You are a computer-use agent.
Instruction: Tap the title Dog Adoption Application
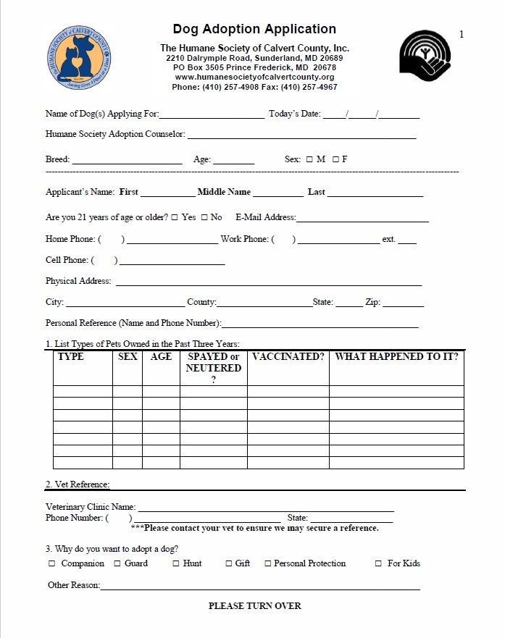[x=254, y=29]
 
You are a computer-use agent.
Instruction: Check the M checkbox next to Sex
[x=309, y=159]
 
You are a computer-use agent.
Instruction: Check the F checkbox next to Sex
[x=335, y=159]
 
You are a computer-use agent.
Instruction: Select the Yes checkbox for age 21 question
[x=175, y=217]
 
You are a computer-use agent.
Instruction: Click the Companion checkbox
[x=52, y=563]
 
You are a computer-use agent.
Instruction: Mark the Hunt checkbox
[x=175, y=563]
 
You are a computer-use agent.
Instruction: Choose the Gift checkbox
[x=228, y=563]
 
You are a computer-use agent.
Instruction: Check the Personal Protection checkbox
[x=267, y=563]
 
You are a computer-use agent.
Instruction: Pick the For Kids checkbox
[x=379, y=563]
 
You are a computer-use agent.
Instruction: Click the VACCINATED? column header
[x=288, y=357]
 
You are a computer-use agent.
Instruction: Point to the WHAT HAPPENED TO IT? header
[x=396, y=357]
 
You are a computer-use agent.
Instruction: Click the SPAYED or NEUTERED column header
[x=213, y=367]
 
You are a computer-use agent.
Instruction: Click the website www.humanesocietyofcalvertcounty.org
[x=254, y=77]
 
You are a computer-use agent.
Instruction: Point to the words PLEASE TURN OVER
[x=254, y=605]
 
